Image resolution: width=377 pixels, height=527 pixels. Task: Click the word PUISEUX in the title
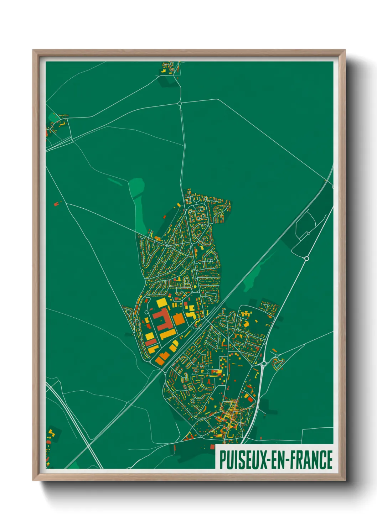[243, 460]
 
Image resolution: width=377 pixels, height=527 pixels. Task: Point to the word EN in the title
[279, 460]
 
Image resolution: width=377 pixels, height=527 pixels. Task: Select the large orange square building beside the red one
[179, 319]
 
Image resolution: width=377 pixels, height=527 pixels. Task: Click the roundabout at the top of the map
[180, 104]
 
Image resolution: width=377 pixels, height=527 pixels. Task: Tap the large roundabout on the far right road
[306, 258]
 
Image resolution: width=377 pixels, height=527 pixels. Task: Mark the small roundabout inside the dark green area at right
[309, 233]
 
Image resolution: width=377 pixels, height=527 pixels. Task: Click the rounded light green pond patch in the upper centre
[137, 187]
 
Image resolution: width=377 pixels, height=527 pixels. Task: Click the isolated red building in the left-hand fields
[56, 204]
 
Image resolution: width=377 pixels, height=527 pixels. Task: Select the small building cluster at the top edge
[170, 68]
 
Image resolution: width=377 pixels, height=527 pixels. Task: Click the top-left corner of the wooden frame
[34, 51]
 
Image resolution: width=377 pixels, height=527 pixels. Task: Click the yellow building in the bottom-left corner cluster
[51, 433]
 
